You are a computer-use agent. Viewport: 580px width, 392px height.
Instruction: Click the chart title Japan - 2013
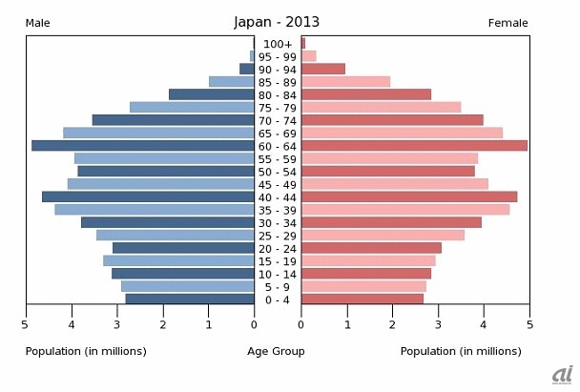tap(277, 22)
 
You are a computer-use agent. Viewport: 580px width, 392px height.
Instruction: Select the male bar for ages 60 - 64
tap(143, 146)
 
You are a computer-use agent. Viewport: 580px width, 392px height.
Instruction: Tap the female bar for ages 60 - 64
tap(414, 146)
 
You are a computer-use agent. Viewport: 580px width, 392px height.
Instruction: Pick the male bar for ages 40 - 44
tap(148, 196)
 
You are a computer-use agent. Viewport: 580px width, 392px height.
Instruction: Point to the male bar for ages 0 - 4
tap(190, 299)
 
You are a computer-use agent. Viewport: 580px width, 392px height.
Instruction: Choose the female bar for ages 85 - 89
tap(345, 82)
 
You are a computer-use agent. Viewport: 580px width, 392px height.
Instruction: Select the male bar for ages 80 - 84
tap(212, 94)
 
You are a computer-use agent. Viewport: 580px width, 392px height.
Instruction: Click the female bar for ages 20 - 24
tap(371, 248)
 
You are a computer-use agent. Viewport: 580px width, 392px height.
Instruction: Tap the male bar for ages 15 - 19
tap(178, 260)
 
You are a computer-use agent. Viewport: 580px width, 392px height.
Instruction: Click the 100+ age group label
tap(278, 44)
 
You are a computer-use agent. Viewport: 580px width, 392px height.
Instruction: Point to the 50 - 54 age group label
tap(278, 172)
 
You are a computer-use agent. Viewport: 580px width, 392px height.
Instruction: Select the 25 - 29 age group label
tap(278, 236)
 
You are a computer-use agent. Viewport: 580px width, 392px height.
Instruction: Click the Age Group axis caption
tap(277, 351)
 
